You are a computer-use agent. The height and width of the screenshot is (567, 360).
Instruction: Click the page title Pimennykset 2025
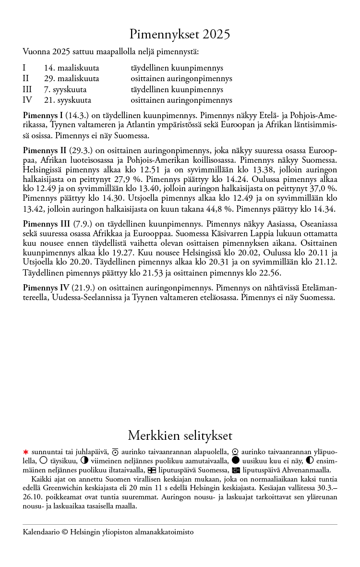[180, 35]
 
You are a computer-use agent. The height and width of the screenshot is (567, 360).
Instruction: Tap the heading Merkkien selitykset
[180, 435]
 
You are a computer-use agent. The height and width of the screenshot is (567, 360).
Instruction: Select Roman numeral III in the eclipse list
[27, 90]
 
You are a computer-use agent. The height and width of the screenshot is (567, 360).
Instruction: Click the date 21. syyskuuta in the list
[67, 100]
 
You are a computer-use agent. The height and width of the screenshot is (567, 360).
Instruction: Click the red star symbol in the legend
[26, 452]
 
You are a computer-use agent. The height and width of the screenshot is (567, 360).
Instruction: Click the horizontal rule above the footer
[180, 524]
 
